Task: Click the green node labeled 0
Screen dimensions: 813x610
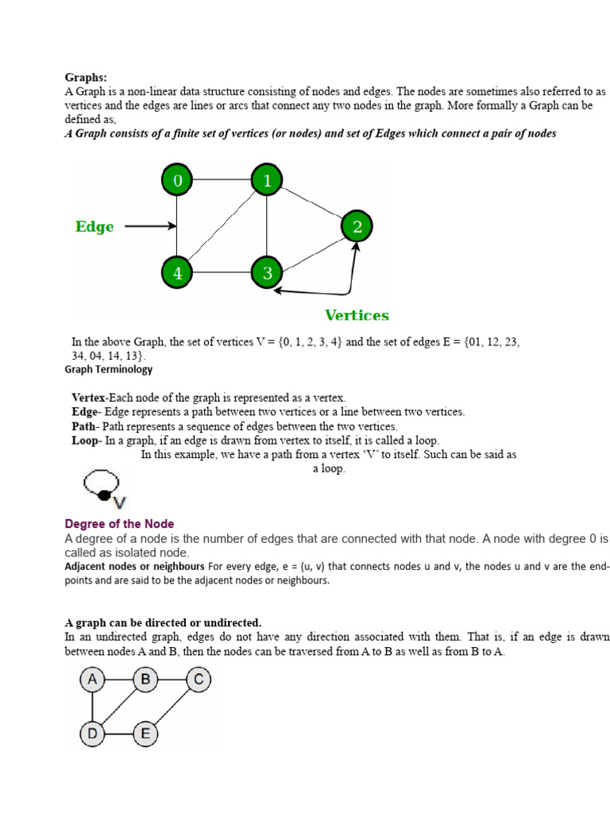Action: (177, 181)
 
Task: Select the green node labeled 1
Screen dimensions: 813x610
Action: (267, 181)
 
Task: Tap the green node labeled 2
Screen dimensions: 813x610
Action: (357, 228)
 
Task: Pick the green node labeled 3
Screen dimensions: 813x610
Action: (267, 274)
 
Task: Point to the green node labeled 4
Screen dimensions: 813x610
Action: (177, 274)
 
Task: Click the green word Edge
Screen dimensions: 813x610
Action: (95, 227)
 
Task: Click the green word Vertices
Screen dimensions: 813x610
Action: (357, 315)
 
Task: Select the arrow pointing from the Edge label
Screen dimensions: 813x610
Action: (150, 226)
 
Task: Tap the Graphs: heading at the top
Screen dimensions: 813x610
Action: (86, 77)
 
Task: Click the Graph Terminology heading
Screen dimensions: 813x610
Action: (109, 369)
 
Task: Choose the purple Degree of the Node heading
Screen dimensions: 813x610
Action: (119, 524)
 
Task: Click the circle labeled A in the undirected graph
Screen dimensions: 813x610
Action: (93, 680)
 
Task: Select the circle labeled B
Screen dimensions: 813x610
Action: (145, 680)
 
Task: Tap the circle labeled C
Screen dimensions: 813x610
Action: (199, 680)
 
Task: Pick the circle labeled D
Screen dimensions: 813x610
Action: (93, 733)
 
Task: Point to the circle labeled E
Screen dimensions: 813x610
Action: (145, 733)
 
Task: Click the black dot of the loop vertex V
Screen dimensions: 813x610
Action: (103, 495)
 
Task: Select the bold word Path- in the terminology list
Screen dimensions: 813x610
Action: (86, 426)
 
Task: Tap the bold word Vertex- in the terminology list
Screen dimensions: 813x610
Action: (90, 398)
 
